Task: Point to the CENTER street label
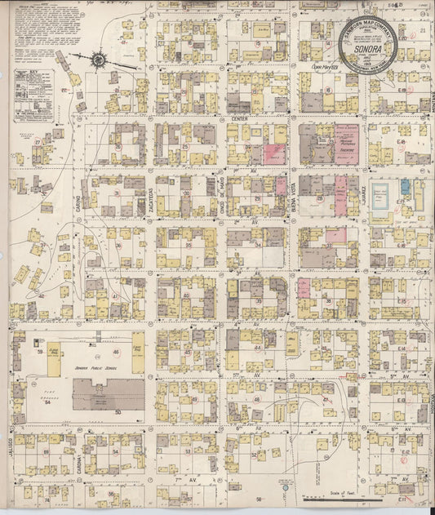(x=239, y=118)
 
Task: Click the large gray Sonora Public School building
(x=108, y=393)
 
